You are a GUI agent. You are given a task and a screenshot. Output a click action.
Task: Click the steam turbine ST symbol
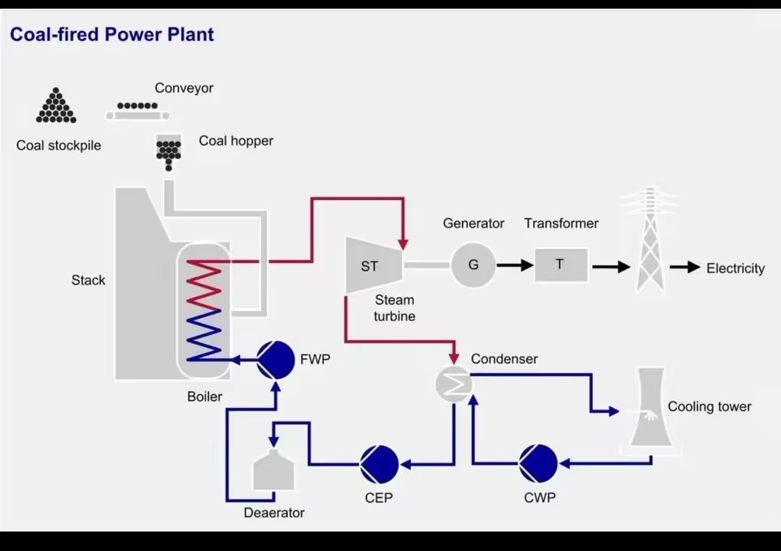point(373,265)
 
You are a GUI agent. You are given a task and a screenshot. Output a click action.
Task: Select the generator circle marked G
point(473,265)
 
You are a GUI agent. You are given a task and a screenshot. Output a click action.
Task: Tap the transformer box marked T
point(561,265)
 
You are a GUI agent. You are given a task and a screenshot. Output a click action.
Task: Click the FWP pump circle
point(276,359)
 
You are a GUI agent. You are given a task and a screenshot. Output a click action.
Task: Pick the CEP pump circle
point(380,464)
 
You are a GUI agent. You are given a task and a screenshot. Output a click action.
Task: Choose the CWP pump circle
point(539,464)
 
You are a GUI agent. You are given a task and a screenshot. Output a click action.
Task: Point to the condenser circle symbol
point(453,384)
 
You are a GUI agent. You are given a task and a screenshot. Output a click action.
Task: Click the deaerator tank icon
point(273,470)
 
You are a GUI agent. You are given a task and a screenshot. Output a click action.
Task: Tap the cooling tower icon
point(650,408)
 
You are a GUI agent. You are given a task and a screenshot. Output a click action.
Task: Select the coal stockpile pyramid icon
point(56,105)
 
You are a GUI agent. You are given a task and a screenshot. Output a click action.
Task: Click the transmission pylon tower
point(650,240)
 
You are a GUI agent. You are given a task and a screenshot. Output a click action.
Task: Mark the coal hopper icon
point(168,152)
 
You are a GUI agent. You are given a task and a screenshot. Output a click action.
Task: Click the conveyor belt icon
point(137,111)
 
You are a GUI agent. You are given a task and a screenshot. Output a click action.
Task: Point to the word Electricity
point(735,268)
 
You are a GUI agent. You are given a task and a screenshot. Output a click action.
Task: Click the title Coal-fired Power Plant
point(112,34)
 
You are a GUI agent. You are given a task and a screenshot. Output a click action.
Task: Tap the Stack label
point(88,280)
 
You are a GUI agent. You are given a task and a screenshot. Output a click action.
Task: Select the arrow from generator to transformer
point(515,265)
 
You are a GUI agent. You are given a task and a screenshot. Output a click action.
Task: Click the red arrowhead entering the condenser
point(453,358)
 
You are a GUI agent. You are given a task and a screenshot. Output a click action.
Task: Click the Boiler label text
point(204,397)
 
